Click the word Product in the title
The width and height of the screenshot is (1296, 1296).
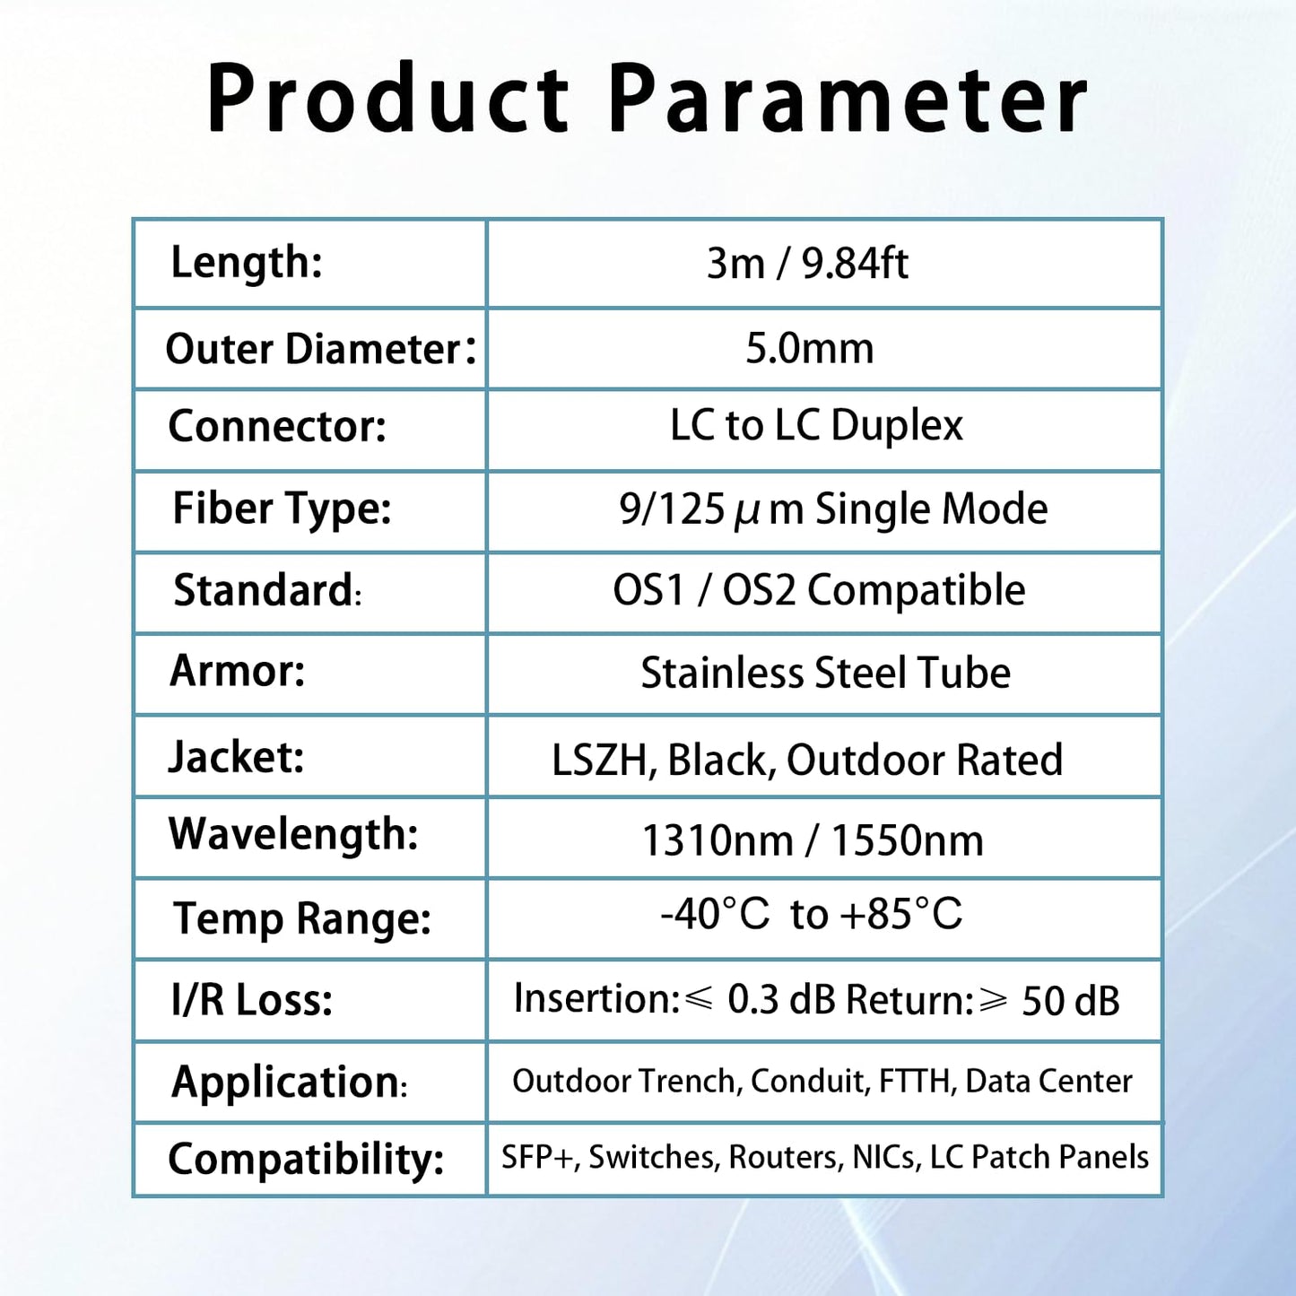click(x=387, y=100)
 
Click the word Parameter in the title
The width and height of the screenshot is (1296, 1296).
click(x=848, y=100)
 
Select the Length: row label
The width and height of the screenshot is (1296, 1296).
click(x=247, y=263)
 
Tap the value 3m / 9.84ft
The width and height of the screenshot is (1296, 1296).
click(x=807, y=264)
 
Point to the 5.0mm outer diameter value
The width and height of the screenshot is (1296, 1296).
click(x=809, y=348)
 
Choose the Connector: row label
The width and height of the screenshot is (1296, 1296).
click(x=277, y=426)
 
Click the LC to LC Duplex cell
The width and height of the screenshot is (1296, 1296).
click(x=816, y=425)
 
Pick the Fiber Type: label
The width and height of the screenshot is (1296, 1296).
click(x=282, y=509)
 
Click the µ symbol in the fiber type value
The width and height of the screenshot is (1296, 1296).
click(x=746, y=511)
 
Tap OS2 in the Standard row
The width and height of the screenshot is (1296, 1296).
click(x=759, y=591)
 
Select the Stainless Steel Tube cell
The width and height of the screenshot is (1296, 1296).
click(x=825, y=673)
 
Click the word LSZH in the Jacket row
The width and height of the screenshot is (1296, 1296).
click(x=599, y=761)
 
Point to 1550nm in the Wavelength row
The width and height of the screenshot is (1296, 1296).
click(x=907, y=841)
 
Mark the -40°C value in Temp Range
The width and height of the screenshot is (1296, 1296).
click(x=715, y=915)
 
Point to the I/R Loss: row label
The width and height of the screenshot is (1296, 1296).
click(x=252, y=1000)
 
